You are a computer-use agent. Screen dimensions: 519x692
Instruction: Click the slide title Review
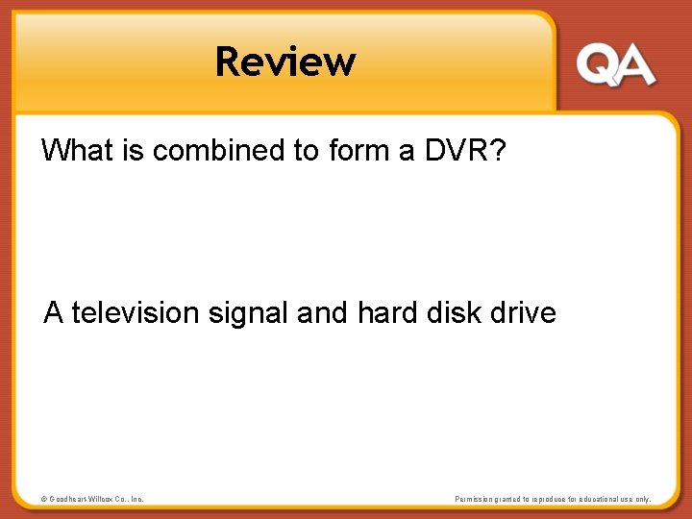(285, 62)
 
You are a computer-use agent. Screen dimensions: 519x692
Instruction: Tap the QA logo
(616, 65)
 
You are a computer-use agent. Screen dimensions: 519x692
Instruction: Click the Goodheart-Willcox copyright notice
(92, 499)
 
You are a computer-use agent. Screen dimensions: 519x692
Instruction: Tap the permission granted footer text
(553, 499)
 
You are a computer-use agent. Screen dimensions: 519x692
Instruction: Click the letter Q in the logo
(597, 65)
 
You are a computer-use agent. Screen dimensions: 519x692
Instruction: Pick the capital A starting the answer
(55, 313)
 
